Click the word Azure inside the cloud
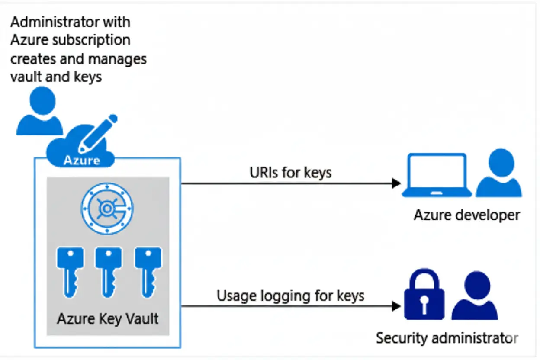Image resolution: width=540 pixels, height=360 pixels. point(82,160)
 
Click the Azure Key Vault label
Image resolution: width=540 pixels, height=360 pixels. point(108,319)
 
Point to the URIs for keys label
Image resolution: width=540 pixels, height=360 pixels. point(290,173)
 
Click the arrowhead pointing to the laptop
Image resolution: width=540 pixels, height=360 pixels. point(396,183)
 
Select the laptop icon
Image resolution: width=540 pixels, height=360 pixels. point(437,175)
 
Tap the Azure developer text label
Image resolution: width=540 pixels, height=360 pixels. point(466,215)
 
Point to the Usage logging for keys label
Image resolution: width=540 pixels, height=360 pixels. point(290,296)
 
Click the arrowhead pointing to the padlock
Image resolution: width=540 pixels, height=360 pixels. point(396,306)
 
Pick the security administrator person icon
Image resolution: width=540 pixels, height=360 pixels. point(475,296)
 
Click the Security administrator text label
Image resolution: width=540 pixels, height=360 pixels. point(447,338)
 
